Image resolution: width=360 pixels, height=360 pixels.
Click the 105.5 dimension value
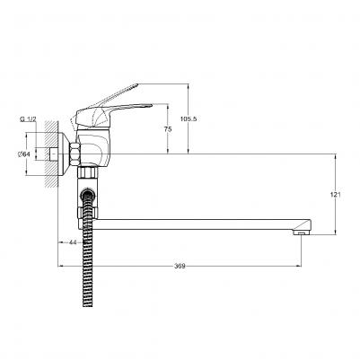189,119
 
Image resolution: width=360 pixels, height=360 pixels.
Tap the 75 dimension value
168,129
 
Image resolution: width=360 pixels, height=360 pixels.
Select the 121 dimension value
336,195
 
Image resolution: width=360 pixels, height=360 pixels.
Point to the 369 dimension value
180,266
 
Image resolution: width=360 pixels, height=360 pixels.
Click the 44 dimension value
73,242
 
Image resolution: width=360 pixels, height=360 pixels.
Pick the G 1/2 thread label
28,119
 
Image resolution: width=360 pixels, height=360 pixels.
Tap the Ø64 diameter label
24,154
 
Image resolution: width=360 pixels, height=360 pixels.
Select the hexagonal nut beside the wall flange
75,154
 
